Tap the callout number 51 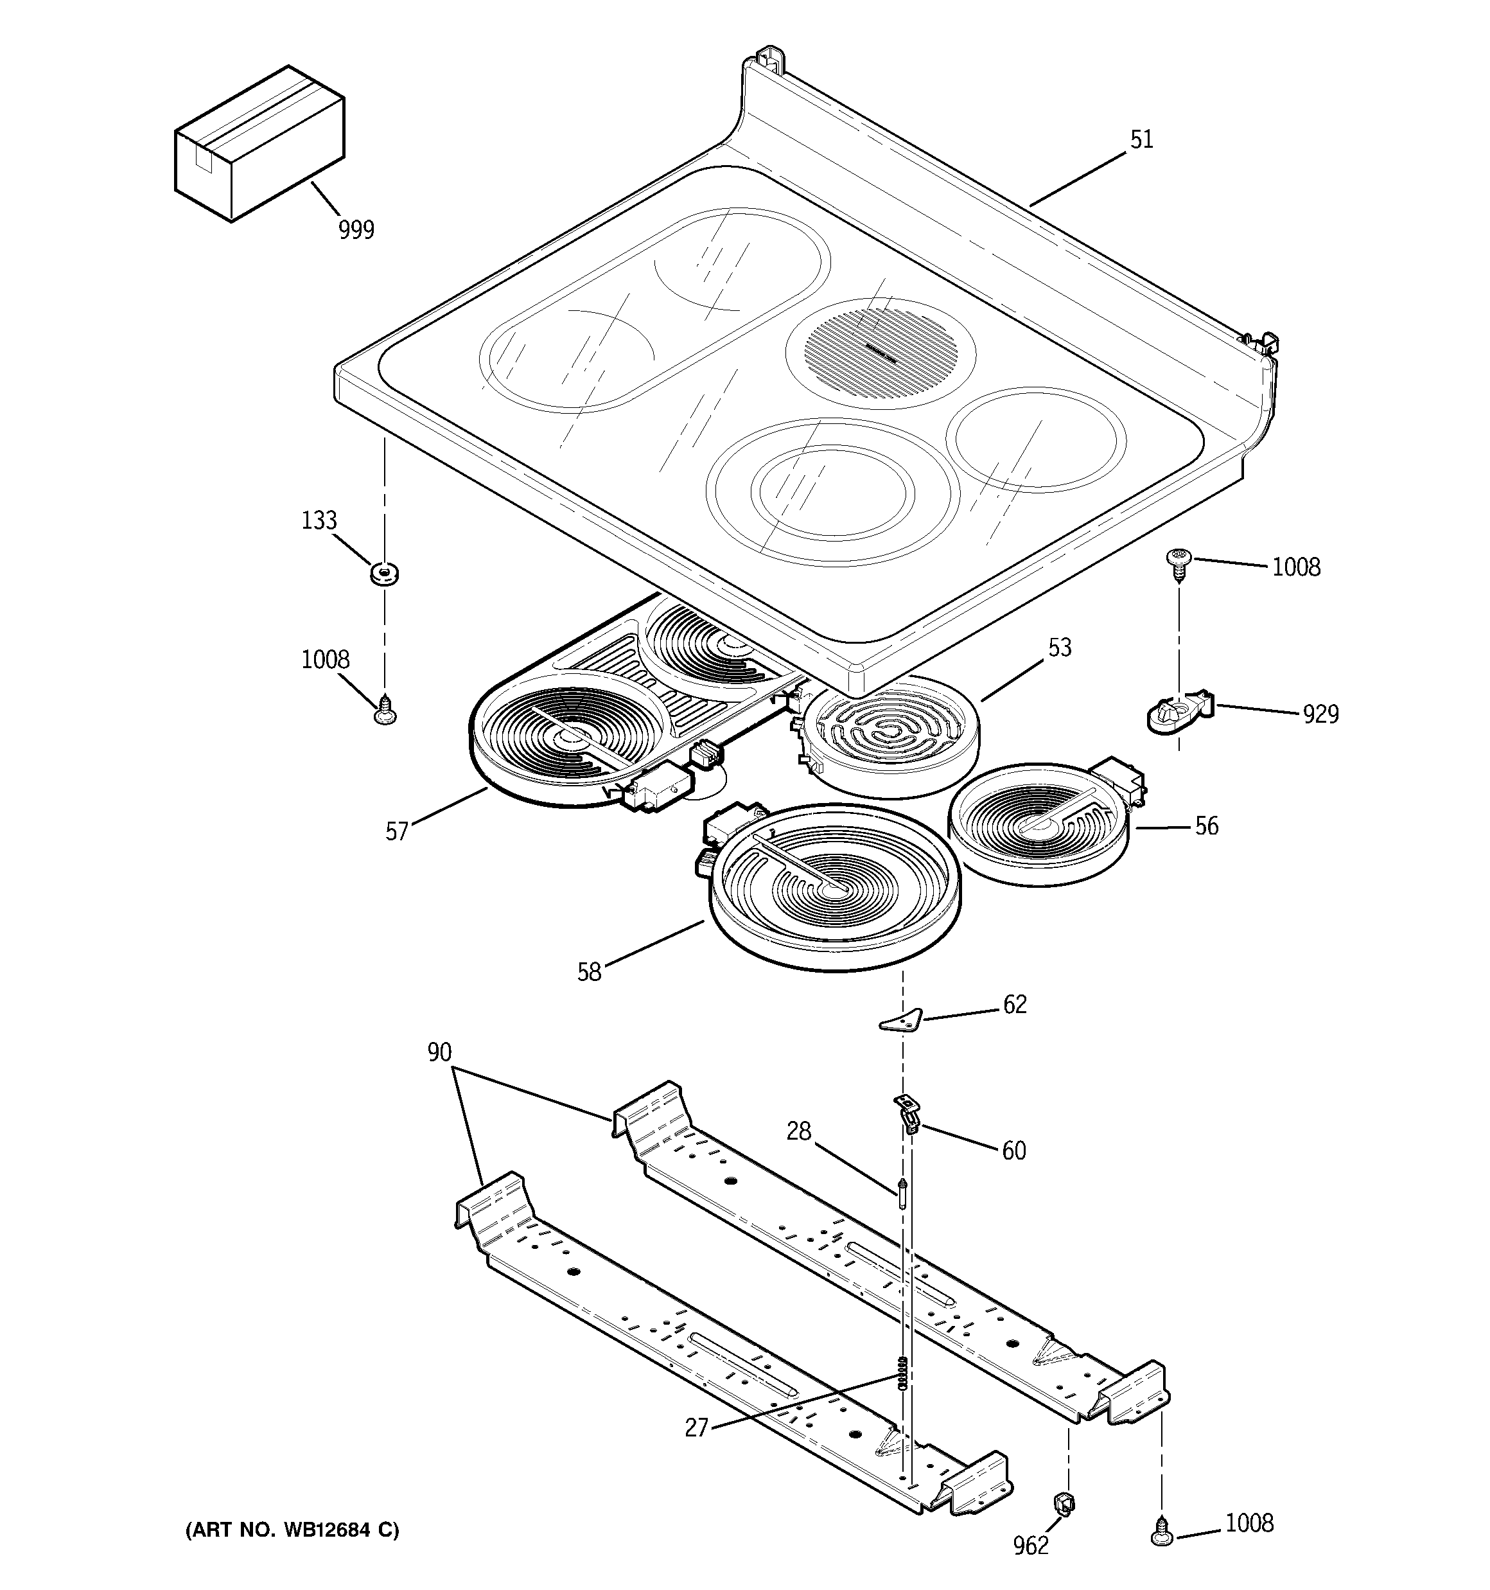pyautogui.click(x=1141, y=140)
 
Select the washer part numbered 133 pyautogui.click(x=385, y=574)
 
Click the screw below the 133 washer pyautogui.click(x=385, y=709)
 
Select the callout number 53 pyautogui.click(x=1059, y=647)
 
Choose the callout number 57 pyautogui.click(x=397, y=832)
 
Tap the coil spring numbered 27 pyautogui.click(x=903, y=1375)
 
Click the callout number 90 pyautogui.click(x=439, y=1052)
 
